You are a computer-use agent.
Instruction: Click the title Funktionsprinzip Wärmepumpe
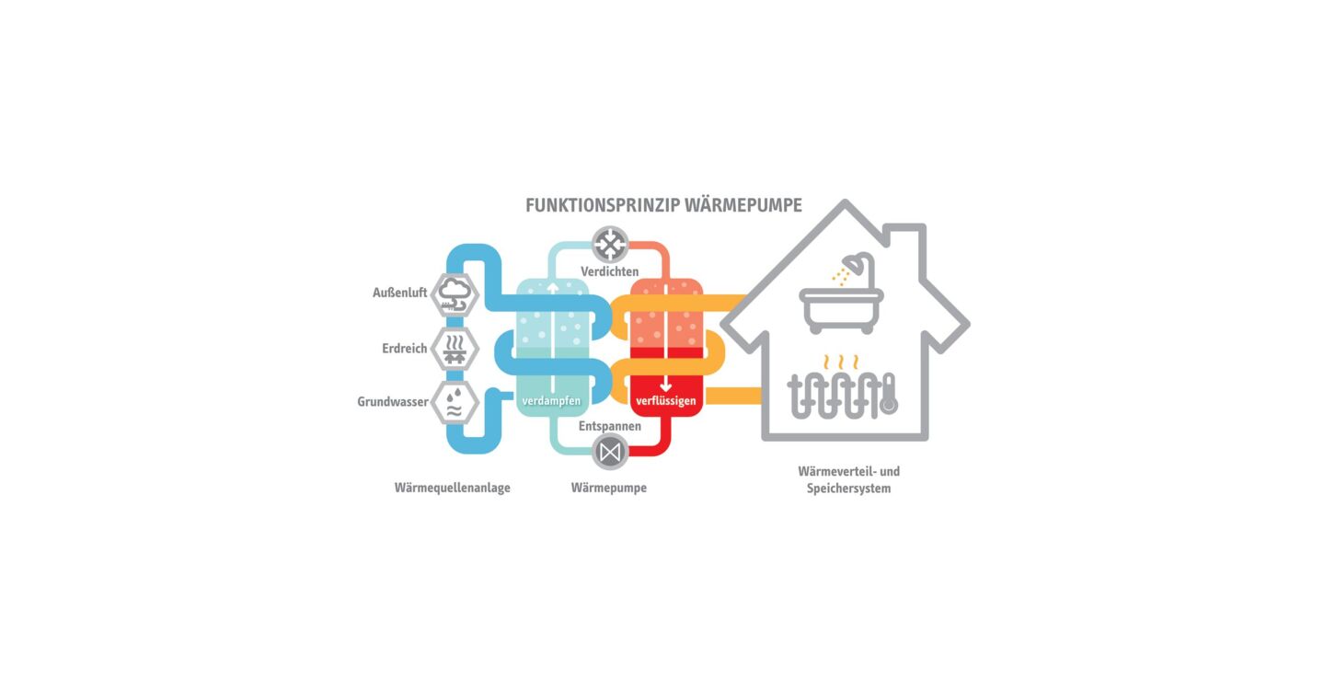(x=663, y=205)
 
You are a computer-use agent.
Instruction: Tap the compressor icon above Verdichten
(x=610, y=244)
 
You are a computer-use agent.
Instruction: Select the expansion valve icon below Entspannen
(x=610, y=453)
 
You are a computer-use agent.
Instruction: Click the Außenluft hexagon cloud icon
(x=455, y=294)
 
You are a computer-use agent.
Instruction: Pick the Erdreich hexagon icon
(x=455, y=349)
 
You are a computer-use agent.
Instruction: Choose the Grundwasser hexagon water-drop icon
(x=455, y=403)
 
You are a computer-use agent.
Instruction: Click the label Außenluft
(x=399, y=293)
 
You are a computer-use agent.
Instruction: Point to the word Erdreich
(x=404, y=349)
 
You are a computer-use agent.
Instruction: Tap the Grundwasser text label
(x=393, y=402)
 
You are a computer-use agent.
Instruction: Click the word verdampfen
(x=551, y=401)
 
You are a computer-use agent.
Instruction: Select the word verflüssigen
(x=666, y=401)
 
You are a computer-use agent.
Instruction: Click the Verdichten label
(x=609, y=271)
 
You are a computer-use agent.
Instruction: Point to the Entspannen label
(x=609, y=426)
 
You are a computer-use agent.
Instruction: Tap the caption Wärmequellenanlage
(x=452, y=488)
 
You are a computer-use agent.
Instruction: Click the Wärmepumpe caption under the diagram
(x=609, y=488)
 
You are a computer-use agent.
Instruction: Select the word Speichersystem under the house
(x=849, y=489)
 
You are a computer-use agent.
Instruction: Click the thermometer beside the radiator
(x=889, y=395)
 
